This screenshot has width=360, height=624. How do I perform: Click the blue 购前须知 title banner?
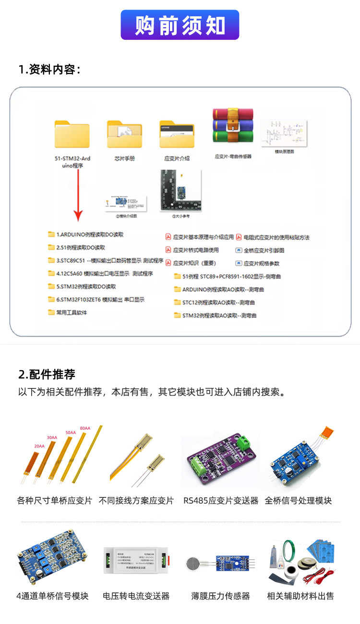pos(180,25)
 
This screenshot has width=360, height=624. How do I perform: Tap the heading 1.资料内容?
pos(49,70)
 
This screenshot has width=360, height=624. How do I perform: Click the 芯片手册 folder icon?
pos(124,134)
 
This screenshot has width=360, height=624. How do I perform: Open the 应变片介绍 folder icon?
pos(177,134)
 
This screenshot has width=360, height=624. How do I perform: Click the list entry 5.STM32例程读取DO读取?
pos(83,286)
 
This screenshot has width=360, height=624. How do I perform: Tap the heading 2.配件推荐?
pos(47,375)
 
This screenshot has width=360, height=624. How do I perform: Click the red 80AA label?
pos(85,428)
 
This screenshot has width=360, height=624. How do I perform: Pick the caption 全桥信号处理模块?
pos(298,501)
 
